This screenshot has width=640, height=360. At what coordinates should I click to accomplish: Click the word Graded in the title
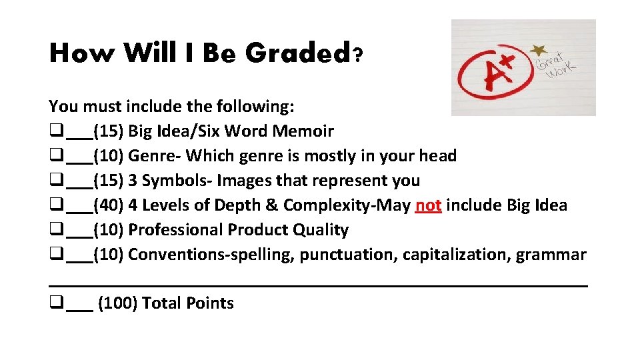(x=297, y=53)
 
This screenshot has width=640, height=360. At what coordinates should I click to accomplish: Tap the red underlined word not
(x=428, y=205)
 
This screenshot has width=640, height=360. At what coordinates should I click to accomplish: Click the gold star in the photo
(x=537, y=51)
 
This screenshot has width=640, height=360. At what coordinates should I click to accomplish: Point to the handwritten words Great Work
(x=557, y=64)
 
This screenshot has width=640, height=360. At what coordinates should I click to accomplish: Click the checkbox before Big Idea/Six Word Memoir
(x=55, y=131)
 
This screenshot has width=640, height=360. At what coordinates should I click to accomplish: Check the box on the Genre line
(x=55, y=156)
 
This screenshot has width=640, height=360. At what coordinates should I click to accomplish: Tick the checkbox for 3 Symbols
(x=55, y=181)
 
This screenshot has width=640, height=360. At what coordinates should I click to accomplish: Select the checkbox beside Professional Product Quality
(x=55, y=230)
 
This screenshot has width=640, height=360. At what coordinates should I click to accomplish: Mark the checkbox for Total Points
(x=55, y=303)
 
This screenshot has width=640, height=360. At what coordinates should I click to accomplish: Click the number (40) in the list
(x=109, y=205)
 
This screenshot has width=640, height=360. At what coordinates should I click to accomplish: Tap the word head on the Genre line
(x=437, y=156)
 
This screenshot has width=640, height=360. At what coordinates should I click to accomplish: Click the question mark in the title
(x=358, y=55)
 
